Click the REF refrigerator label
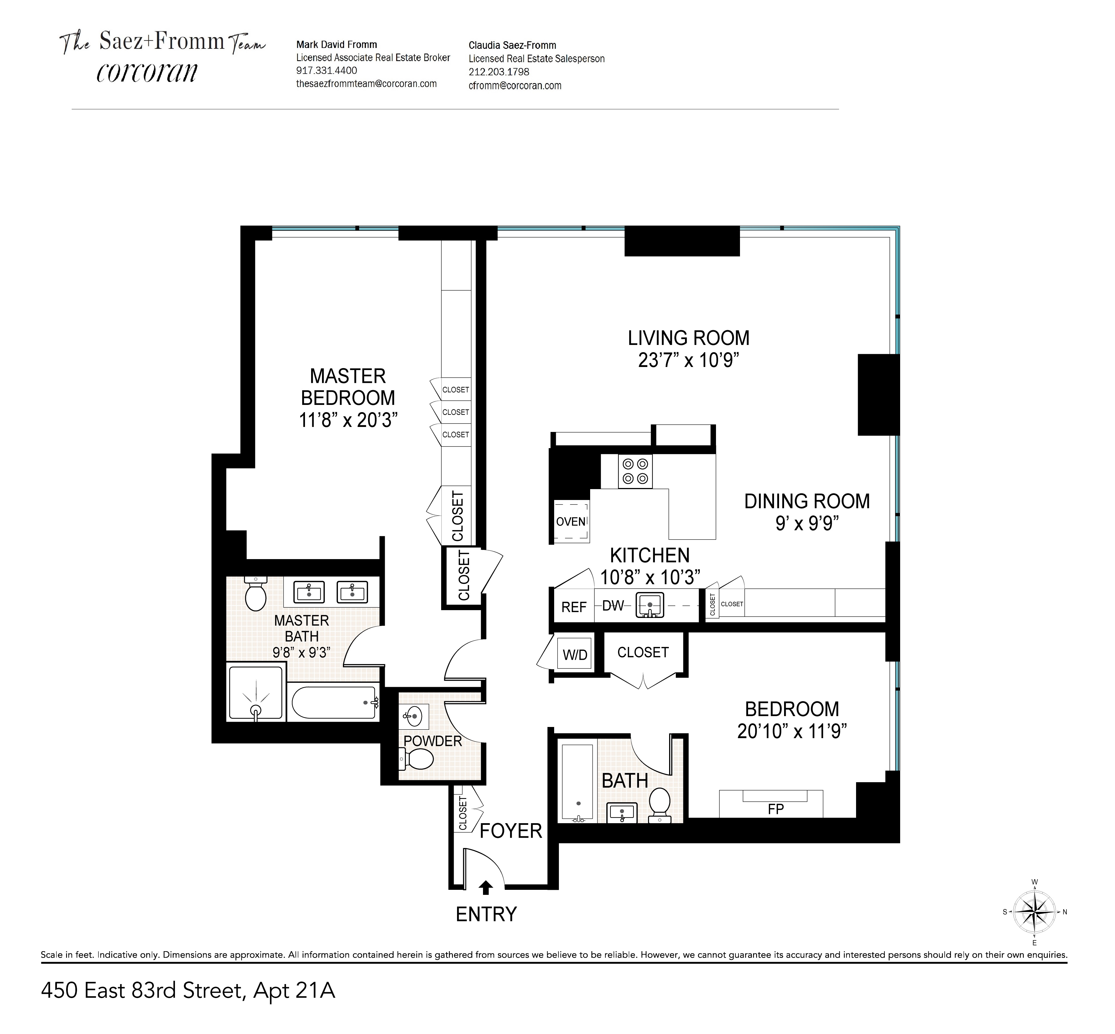pos(574,607)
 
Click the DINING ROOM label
pos(807,501)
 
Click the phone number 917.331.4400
pos(326,71)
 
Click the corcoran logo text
pos(147,72)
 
